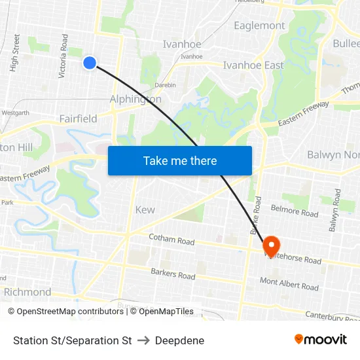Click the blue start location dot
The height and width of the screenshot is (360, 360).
coord(90,62)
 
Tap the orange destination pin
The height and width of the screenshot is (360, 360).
coord(271,245)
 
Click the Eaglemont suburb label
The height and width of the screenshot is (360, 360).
coord(259,26)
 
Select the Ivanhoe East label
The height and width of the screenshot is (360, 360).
coord(253,65)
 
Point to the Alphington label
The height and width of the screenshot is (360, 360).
coord(135,99)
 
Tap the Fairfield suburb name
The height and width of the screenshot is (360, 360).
coord(78,118)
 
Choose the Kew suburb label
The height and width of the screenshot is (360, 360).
coord(145,209)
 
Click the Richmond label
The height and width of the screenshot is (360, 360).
coord(27,291)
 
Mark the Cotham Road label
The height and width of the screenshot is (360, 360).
coord(171,241)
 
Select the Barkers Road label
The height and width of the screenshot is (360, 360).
coord(173,274)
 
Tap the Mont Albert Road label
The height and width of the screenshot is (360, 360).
coord(289,284)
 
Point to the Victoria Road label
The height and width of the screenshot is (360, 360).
coord(63,61)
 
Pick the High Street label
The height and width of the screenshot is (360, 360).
coord(15,52)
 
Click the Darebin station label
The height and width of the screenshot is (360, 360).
coord(165,85)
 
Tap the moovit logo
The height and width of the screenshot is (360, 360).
coord(320,339)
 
